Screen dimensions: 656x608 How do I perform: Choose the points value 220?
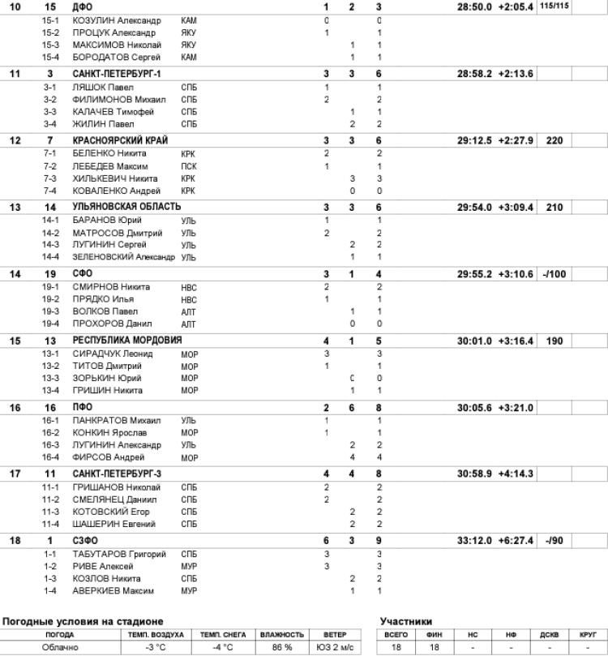tap(554, 140)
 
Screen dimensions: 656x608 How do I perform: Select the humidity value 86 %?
tap(283, 646)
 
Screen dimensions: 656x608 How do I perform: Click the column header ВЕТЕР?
tap(336, 633)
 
